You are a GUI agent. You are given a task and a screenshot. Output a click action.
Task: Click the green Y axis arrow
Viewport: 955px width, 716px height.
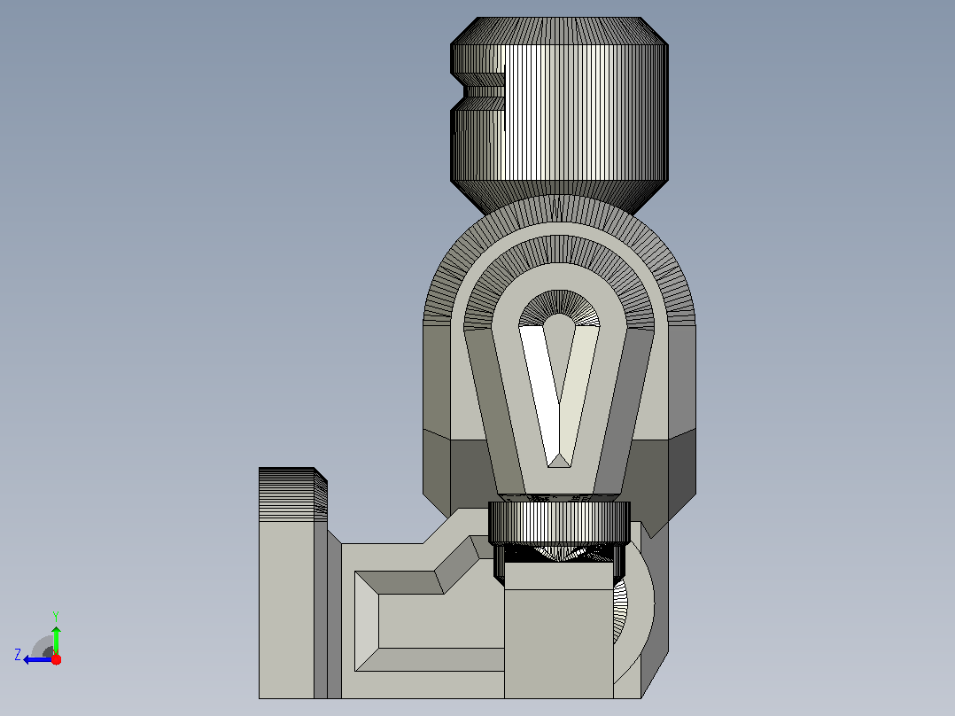coord(56,640)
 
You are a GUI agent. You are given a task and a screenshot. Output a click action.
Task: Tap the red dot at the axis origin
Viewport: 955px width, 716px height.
coord(56,659)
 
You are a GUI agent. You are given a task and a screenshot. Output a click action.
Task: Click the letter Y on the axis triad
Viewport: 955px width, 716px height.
coord(56,616)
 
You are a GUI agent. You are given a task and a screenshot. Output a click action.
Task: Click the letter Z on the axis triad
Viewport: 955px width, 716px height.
coord(18,655)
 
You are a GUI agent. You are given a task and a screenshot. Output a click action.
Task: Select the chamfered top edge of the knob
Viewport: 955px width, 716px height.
coord(559,30)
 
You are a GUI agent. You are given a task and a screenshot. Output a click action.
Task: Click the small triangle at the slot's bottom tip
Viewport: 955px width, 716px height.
coord(558,460)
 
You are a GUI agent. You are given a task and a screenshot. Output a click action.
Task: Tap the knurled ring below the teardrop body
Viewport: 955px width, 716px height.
coord(559,523)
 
